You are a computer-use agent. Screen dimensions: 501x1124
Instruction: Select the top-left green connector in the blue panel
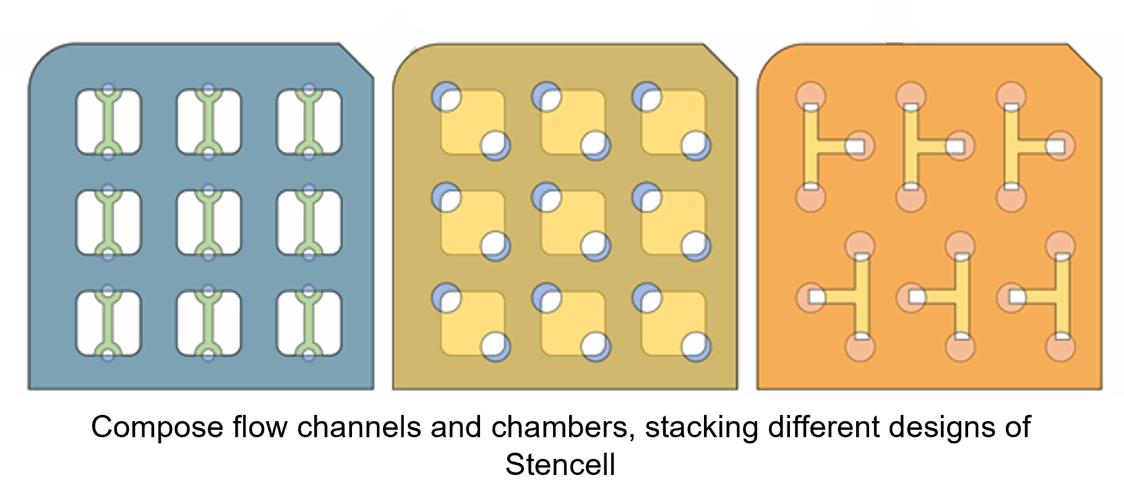point(108,122)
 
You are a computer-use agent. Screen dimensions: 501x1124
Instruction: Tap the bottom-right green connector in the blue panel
point(309,323)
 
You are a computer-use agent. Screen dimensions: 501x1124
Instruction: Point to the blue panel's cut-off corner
point(358,60)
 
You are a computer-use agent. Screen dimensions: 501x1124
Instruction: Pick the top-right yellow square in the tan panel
point(673,121)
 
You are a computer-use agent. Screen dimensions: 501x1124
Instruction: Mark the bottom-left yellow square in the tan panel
point(472,323)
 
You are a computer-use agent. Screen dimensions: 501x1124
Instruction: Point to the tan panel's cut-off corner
point(721,60)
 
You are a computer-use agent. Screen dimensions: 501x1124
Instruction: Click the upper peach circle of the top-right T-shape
point(1011,95)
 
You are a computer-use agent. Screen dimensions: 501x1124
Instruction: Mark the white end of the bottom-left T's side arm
point(817,297)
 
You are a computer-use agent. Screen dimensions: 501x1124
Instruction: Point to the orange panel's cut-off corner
point(1086,60)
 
